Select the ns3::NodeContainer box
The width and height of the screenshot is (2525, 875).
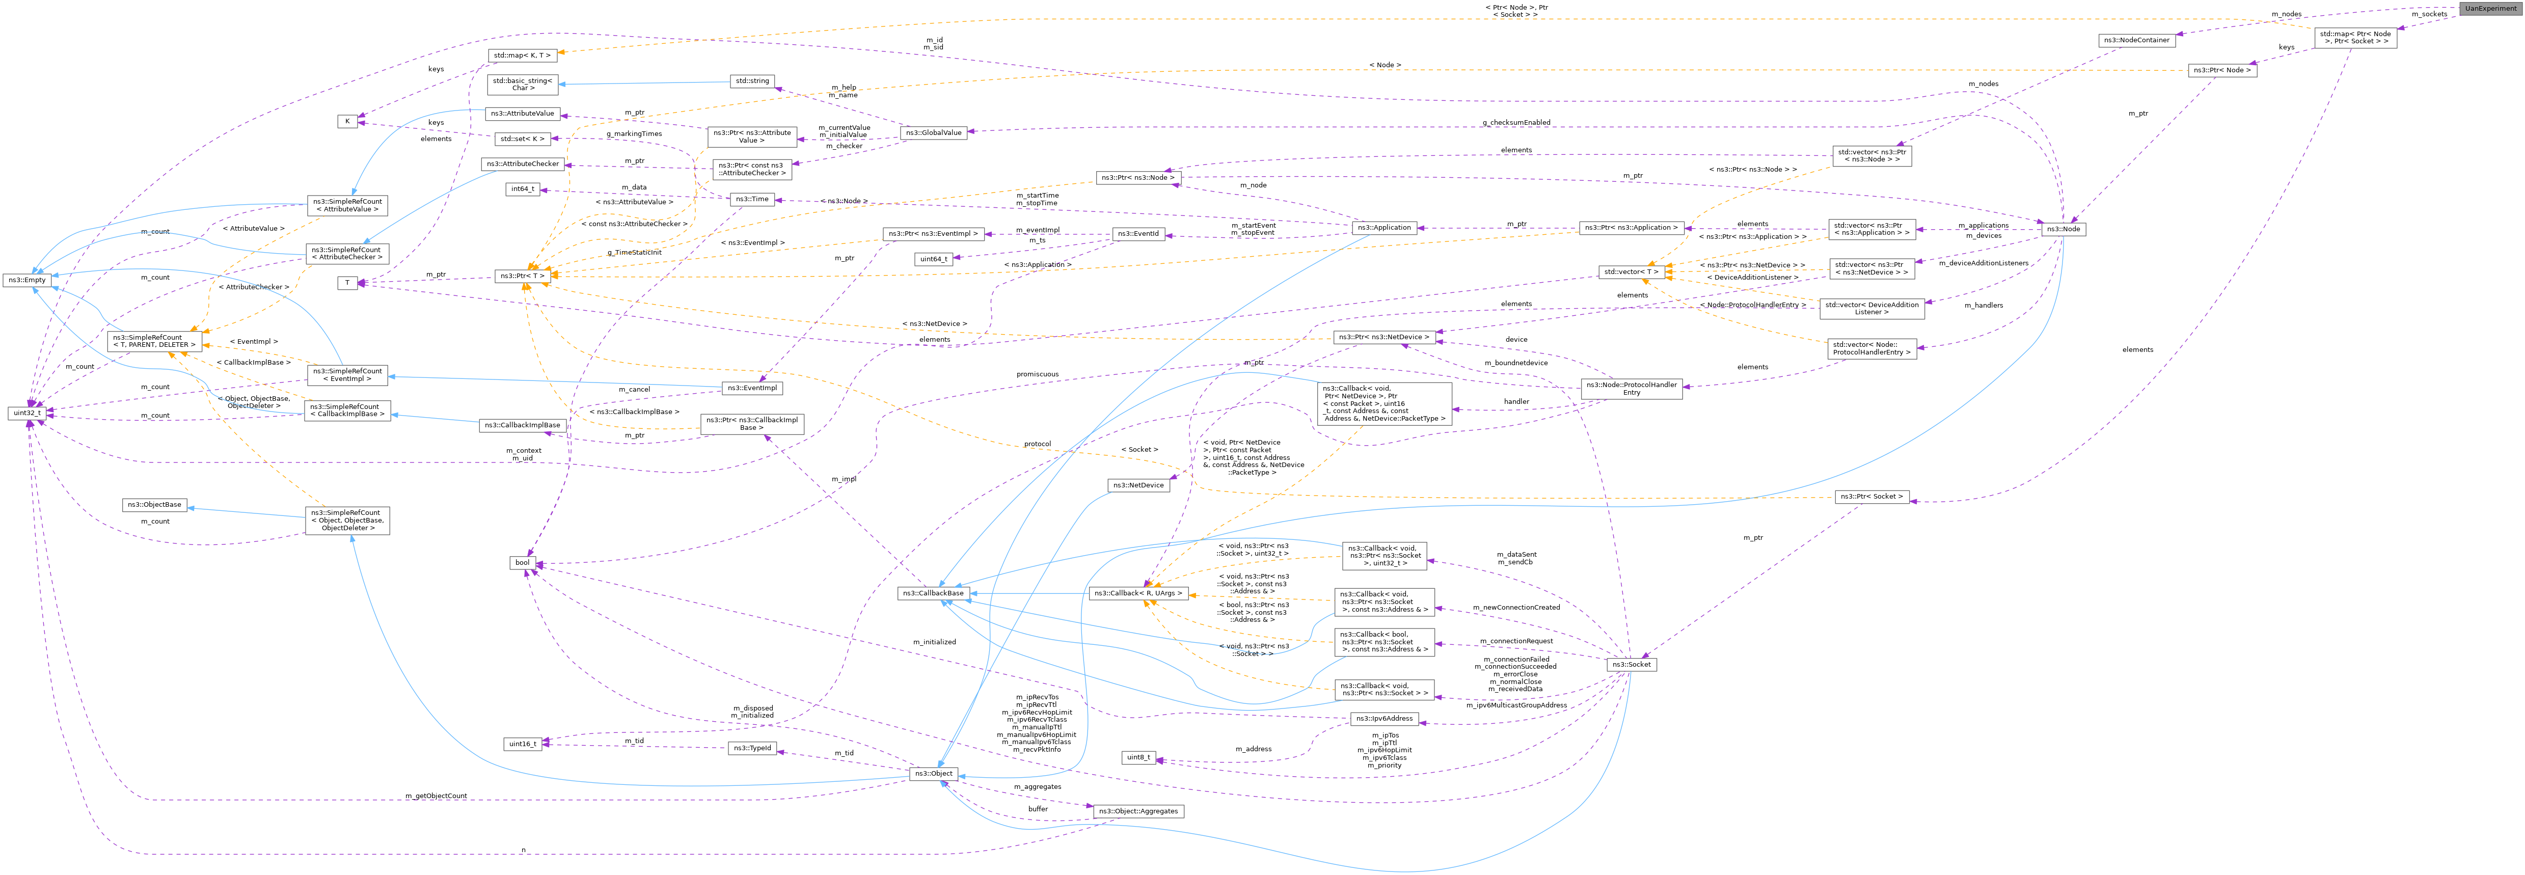(x=2137, y=40)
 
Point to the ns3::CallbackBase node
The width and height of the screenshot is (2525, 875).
(x=932, y=593)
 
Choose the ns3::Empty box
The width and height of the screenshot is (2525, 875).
(x=28, y=280)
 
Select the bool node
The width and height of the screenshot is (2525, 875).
(x=523, y=562)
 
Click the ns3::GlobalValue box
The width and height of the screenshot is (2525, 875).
(x=934, y=132)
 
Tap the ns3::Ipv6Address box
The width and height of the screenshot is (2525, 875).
(x=1384, y=718)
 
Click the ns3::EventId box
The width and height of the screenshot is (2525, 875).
(x=1137, y=234)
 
